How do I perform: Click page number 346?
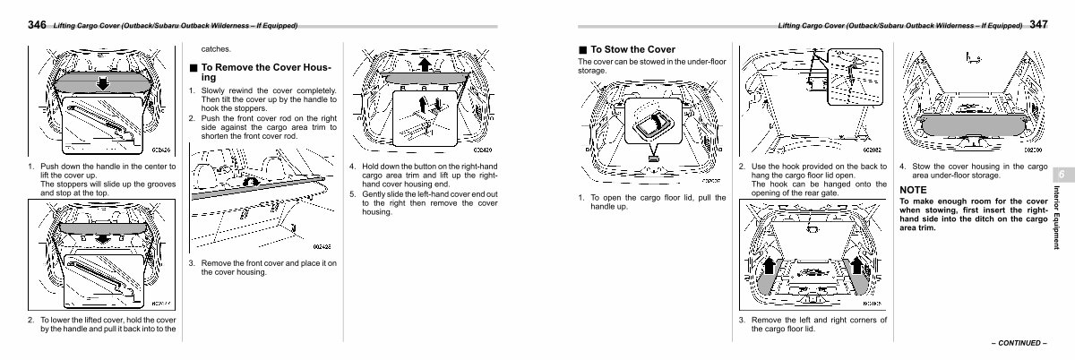click(38, 25)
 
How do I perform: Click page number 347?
click(1039, 25)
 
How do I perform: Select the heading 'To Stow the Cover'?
click(632, 49)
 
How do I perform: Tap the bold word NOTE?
click(913, 190)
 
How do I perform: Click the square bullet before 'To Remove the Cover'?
click(193, 67)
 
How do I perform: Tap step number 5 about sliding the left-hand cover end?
click(353, 193)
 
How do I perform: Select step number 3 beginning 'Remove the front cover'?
click(192, 262)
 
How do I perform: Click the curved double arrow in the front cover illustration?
click(254, 182)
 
